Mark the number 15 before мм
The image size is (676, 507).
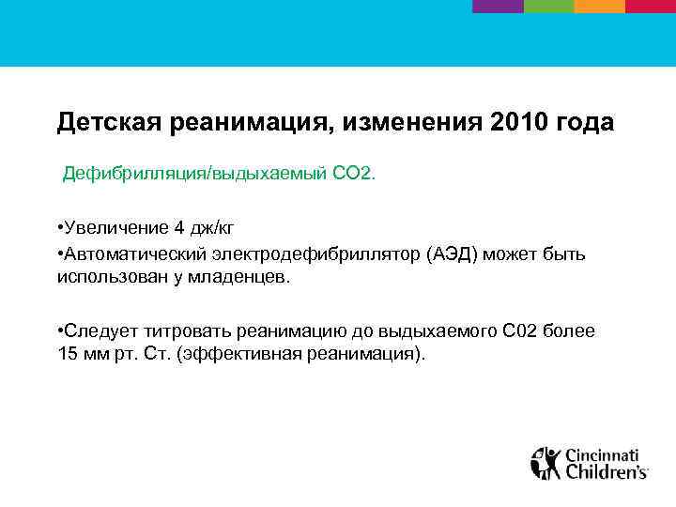click(x=68, y=355)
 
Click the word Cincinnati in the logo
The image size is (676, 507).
click(x=606, y=454)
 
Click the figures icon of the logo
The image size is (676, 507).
click(x=545, y=462)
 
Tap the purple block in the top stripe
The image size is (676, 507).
click(x=497, y=6)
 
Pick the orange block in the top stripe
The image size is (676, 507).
click(x=599, y=6)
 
